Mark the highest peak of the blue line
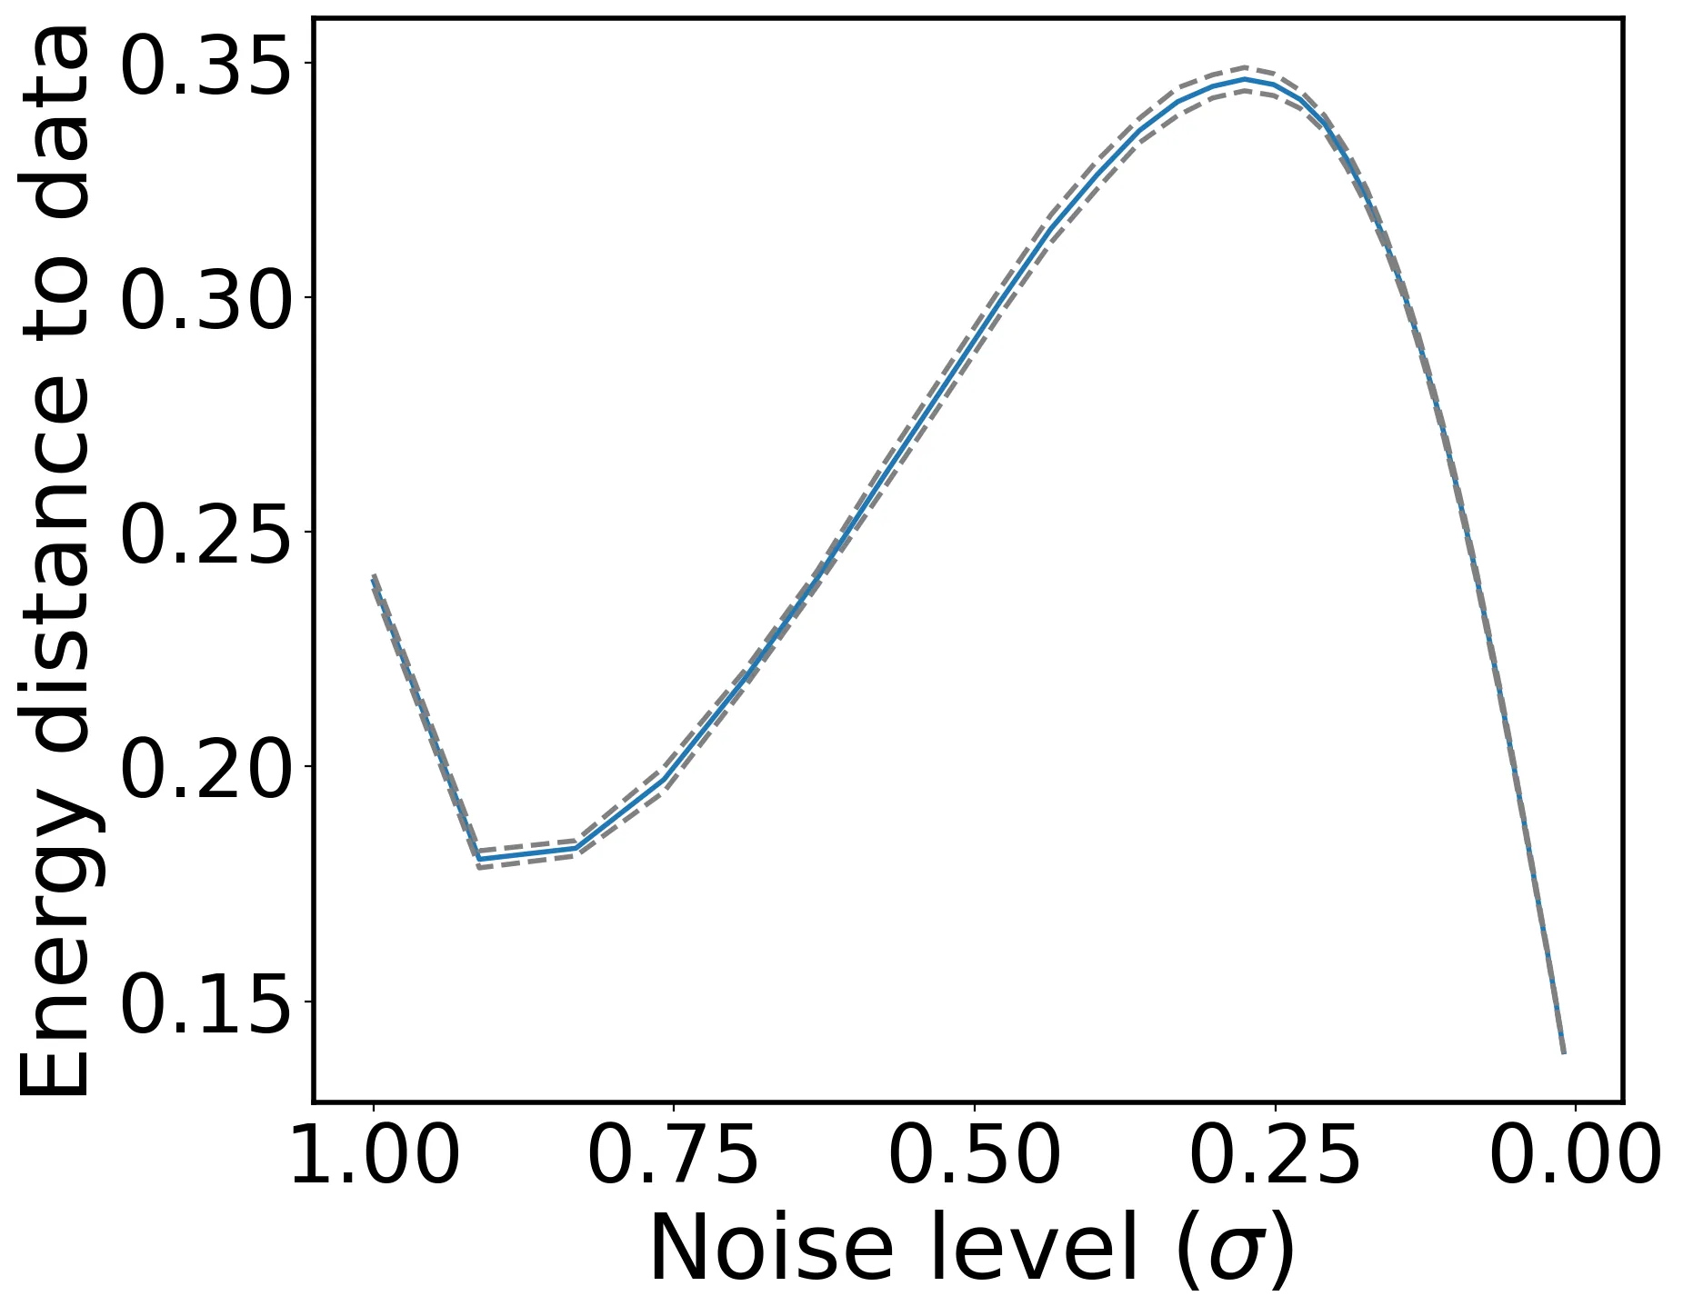(x=1245, y=79)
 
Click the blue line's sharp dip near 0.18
(x=478, y=859)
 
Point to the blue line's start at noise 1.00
(x=374, y=579)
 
